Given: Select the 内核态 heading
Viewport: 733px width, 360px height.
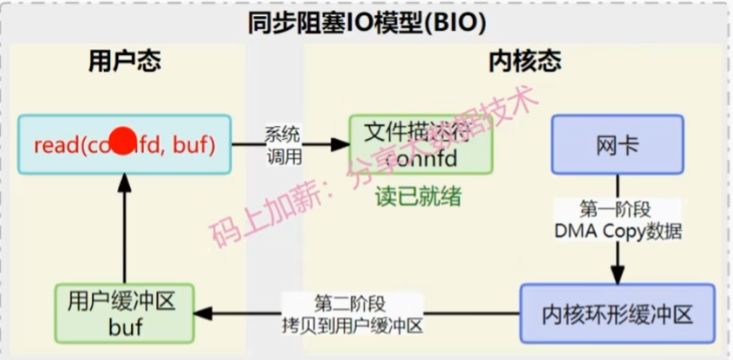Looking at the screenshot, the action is click(524, 61).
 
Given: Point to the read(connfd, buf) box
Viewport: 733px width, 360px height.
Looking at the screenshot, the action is click(125, 143).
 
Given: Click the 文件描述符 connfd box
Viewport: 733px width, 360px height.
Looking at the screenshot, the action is click(422, 144).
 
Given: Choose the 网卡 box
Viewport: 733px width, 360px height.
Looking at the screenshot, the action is click(618, 144).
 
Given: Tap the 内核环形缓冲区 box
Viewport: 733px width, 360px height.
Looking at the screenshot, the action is click(617, 314).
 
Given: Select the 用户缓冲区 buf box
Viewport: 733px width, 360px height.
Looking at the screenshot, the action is click(125, 313).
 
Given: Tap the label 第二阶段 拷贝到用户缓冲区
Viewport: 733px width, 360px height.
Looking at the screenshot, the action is click(358, 313).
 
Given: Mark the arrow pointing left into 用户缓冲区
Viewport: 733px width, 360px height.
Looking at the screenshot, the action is click(217, 313).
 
